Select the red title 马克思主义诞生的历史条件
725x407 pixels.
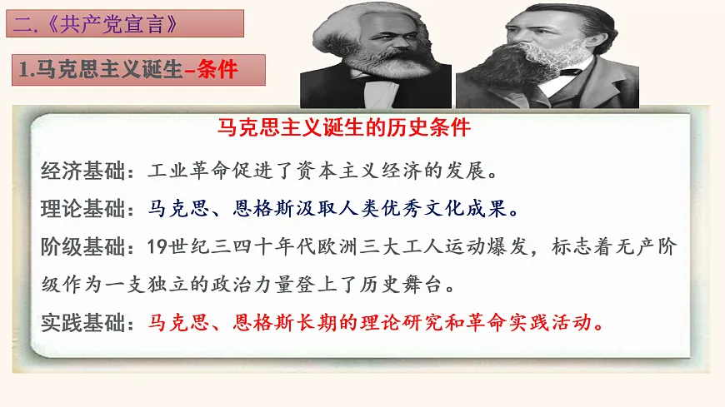[x=344, y=130]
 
